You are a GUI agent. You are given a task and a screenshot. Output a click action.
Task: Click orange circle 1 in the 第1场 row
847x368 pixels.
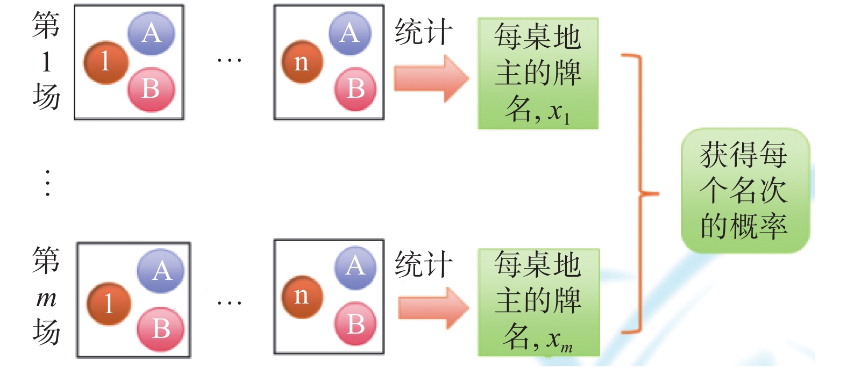pyautogui.click(x=105, y=62)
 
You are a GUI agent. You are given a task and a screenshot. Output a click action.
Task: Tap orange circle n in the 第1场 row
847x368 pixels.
pyautogui.click(x=302, y=62)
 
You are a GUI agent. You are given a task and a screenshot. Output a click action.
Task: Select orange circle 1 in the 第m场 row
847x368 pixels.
pyautogui.click(x=109, y=304)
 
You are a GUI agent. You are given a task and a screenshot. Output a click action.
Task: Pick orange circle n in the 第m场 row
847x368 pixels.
pyautogui.click(x=302, y=297)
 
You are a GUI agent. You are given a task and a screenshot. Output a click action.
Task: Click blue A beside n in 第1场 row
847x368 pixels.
pyautogui.click(x=350, y=33)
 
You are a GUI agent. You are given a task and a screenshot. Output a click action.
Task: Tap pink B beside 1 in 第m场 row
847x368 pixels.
pyautogui.click(x=160, y=329)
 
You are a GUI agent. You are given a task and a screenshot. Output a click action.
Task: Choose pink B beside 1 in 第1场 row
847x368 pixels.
pyautogui.click(x=151, y=89)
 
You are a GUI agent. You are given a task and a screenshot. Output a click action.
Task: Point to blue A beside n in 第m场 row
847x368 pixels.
pyautogui.click(x=354, y=266)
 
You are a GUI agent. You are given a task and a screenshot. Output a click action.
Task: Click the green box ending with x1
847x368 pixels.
pyautogui.click(x=538, y=74)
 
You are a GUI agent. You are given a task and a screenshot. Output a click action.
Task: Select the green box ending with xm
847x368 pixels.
pyautogui.click(x=538, y=302)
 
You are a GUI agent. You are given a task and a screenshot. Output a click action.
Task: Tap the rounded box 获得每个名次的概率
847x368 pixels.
pyautogui.click(x=745, y=190)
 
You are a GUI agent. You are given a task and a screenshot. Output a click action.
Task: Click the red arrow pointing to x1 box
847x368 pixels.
pyautogui.click(x=430, y=78)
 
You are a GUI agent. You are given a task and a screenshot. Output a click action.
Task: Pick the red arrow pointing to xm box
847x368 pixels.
pyautogui.click(x=433, y=308)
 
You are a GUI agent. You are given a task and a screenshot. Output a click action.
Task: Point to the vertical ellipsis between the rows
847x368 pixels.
pyautogui.click(x=48, y=183)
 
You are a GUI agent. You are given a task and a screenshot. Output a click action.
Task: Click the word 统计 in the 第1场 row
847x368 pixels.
pyautogui.click(x=423, y=32)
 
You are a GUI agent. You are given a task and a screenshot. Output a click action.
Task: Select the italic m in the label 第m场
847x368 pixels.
pyautogui.click(x=46, y=298)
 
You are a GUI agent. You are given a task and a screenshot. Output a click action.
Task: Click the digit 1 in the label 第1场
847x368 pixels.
pyautogui.click(x=46, y=62)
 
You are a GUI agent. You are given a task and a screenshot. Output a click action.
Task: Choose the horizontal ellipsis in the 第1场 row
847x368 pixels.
pyautogui.click(x=229, y=60)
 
